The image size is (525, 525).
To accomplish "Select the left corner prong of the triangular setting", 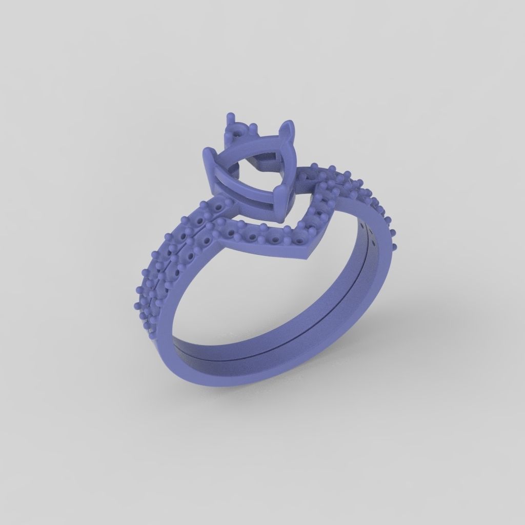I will (208, 154).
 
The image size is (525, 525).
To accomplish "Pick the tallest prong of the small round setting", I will (231, 119).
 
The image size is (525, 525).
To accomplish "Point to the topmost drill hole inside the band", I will (364, 225).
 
